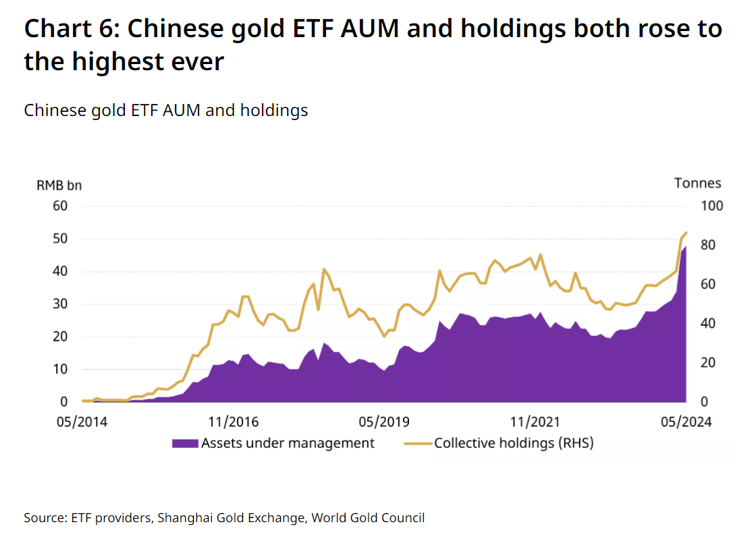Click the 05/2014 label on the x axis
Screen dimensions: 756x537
coord(82,422)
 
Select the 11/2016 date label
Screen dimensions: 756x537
coord(234,422)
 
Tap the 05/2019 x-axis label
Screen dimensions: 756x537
coord(384,422)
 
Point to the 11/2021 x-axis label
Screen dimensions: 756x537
coord(535,422)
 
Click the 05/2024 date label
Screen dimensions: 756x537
coord(686,422)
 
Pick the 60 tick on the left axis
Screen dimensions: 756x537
coord(60,206)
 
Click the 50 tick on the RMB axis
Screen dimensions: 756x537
coord(60,239)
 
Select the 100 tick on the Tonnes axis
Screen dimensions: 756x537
coord(711,206)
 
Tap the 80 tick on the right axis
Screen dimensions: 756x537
coord(708,245)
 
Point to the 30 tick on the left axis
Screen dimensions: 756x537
coord(60,304)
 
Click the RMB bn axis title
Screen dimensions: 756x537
coord(59,186)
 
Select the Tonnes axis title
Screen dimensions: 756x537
coord(698,183)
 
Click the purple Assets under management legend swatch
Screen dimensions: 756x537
coord(185,443)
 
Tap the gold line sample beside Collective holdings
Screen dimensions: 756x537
coord(418,443)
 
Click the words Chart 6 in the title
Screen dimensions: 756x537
coord(72,28)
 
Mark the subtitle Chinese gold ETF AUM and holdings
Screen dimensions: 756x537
coord(166,111)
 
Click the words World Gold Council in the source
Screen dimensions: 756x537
coord(368,517)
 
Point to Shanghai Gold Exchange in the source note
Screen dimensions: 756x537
coord(232,518)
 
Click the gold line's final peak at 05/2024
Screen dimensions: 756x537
coord(686,233)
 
